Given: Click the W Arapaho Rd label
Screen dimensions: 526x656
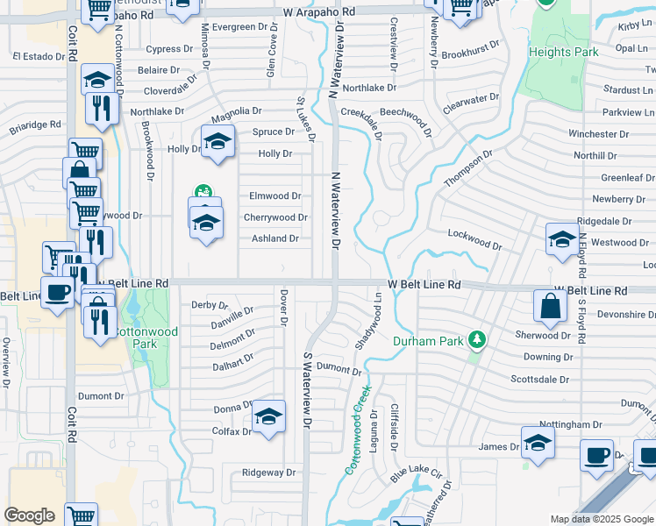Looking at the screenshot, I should pyautogui.click(x=319, y=12).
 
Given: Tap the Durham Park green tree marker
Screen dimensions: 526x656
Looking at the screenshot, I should pyautogui.click(x=477, y=338).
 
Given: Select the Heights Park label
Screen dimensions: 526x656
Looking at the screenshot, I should pyautogui.click(x=564, y=52).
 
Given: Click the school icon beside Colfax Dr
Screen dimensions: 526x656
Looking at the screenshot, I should pyautogui.click(x=269, y=416).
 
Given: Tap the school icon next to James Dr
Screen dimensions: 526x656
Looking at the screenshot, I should pyautogui.click(x=538, y=443).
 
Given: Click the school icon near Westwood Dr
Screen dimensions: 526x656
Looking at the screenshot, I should pyautogui.click(x=562, y=239).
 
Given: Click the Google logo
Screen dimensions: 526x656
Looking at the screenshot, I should pyautogui.click(x=29, y=515).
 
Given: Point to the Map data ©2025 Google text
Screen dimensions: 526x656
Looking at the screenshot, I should pyautogui.click(x=602, y=519).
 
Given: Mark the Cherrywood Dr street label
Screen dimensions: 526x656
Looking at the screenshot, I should pyautogui.click(x=275, y=217).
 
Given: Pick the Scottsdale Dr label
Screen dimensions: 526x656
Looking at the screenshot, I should pyautogui.click(x=540, y=380).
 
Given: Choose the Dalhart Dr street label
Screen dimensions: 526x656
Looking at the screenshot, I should pyautogui.click(x=232, y=360).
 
